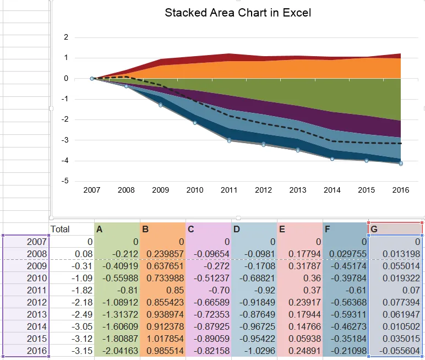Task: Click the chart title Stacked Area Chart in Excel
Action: click(238, 13)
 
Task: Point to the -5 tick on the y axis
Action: click(66, 181)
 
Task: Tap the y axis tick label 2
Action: click(67, 37)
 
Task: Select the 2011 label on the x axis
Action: click(229, 190)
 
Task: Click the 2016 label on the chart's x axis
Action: click(400, 190)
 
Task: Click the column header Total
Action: click(61, 228)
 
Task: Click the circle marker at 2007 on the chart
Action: click(92, 79)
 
